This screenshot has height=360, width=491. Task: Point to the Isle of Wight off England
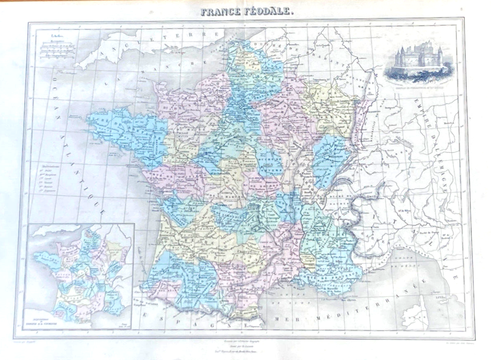click(175, 52)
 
